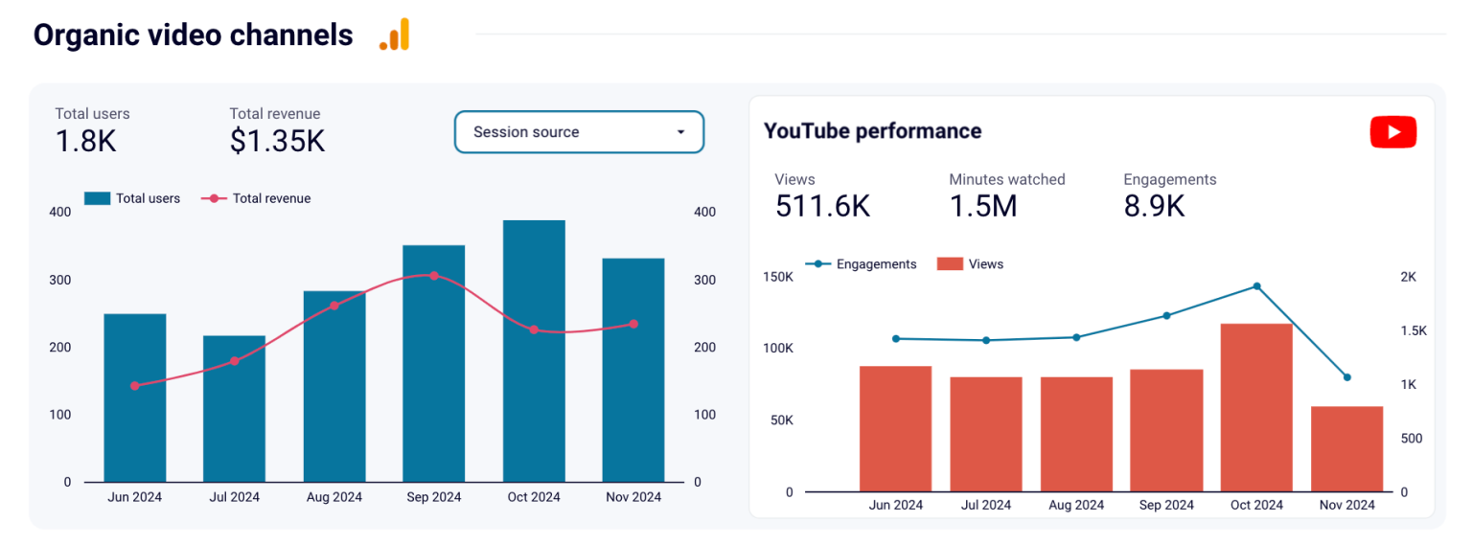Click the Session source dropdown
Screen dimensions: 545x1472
coord(579,132)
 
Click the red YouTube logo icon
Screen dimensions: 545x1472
coord(1392,132)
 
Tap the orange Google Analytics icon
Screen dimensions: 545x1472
coord(394,35)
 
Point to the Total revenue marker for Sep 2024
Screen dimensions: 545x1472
coord(434,276)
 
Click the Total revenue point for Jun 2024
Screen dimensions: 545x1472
coord(135,386)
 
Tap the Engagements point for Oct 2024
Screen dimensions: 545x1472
coord(1256,286)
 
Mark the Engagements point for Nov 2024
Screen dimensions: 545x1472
coord(1346,377)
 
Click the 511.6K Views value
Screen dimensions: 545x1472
coord(822,206)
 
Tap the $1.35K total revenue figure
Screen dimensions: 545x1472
coord(277,141)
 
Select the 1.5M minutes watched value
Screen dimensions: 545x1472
coord(982,206)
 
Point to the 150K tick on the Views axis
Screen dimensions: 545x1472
coord(776,277)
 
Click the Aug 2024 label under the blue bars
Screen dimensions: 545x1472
coord(333,497)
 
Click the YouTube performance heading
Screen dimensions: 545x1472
coord(872,131)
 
